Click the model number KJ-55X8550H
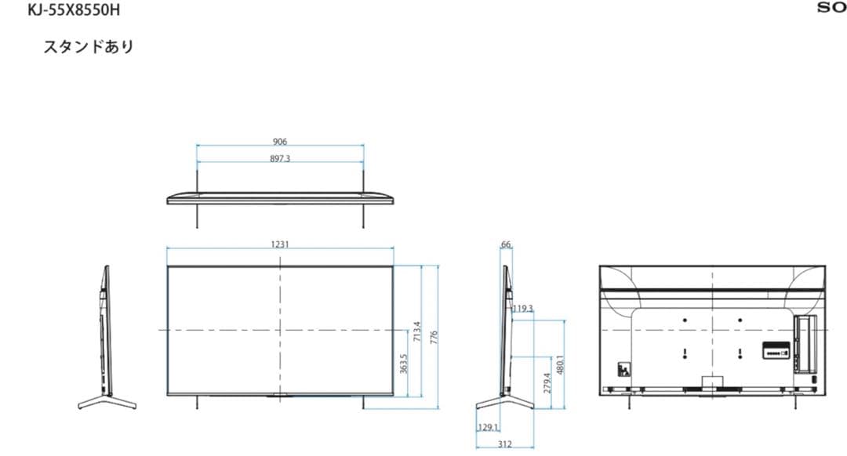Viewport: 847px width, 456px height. pyautogui.click(x=74, y=9)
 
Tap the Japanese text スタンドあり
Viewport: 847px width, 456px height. pyautogui.click(x=89, y=46)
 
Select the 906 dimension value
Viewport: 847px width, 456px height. pyautogui.click(x=280, y=141)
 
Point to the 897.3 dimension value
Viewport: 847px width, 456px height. pyautogui.click(x=280, y=158)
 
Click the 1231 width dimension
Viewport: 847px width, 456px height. pyautogui.click(x=280, y=244)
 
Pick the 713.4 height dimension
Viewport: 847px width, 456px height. pyautogui.click(x=416, y=331)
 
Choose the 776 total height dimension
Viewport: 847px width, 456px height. pyautogui.click(x=434, y=338)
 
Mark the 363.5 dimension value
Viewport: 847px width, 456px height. pyautogui.click(x=404, y=364)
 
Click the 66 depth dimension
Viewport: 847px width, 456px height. pyautogui.click(x=506, y=244)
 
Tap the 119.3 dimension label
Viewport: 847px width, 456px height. pyautogui.click(x=522, y=309)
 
